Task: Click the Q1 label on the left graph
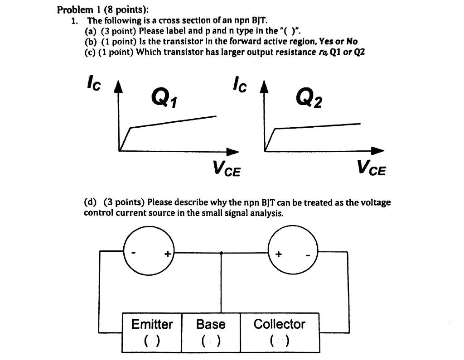coord(164,97)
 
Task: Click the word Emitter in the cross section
coord(152,324)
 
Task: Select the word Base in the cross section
coord(211,324)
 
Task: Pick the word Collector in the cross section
coord(280,324)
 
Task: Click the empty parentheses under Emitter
coord(152,340)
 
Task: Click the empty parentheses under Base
coord(211,340)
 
